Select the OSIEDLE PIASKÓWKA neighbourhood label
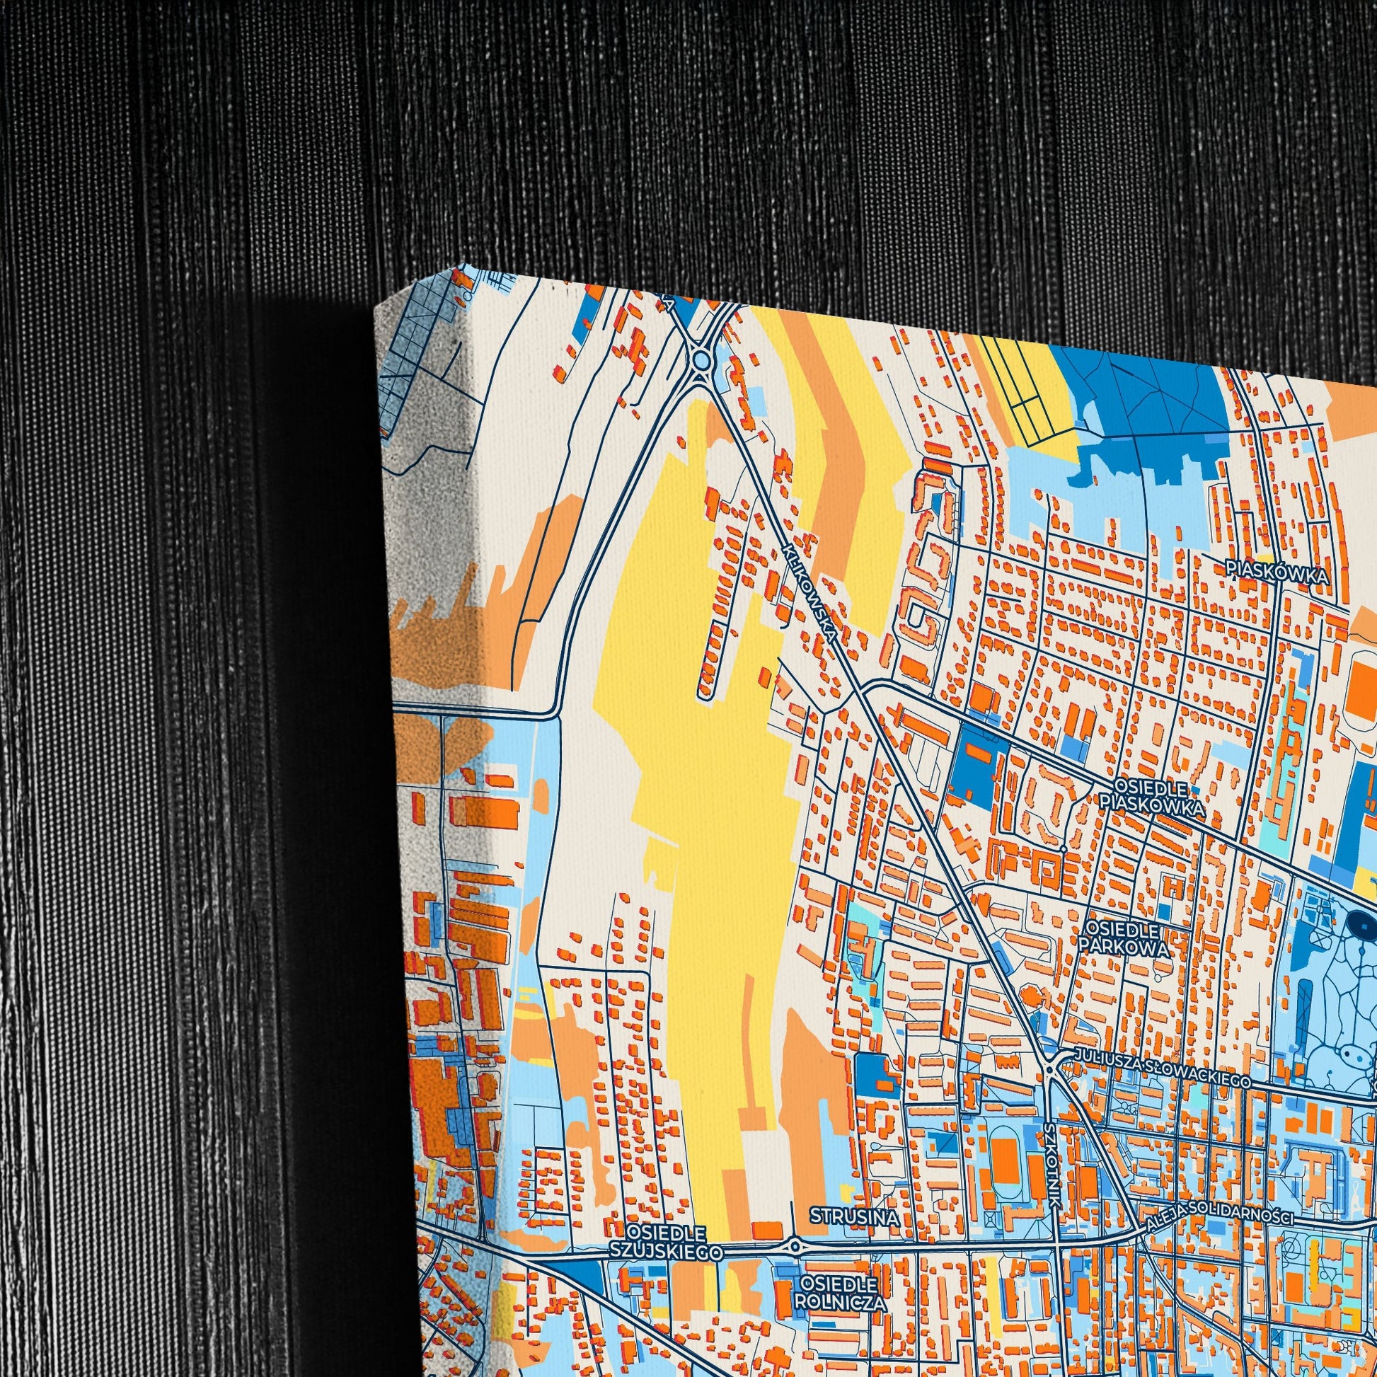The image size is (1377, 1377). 1152,797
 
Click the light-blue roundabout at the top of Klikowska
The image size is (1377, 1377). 701,360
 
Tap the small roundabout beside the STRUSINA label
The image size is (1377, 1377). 795,1246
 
